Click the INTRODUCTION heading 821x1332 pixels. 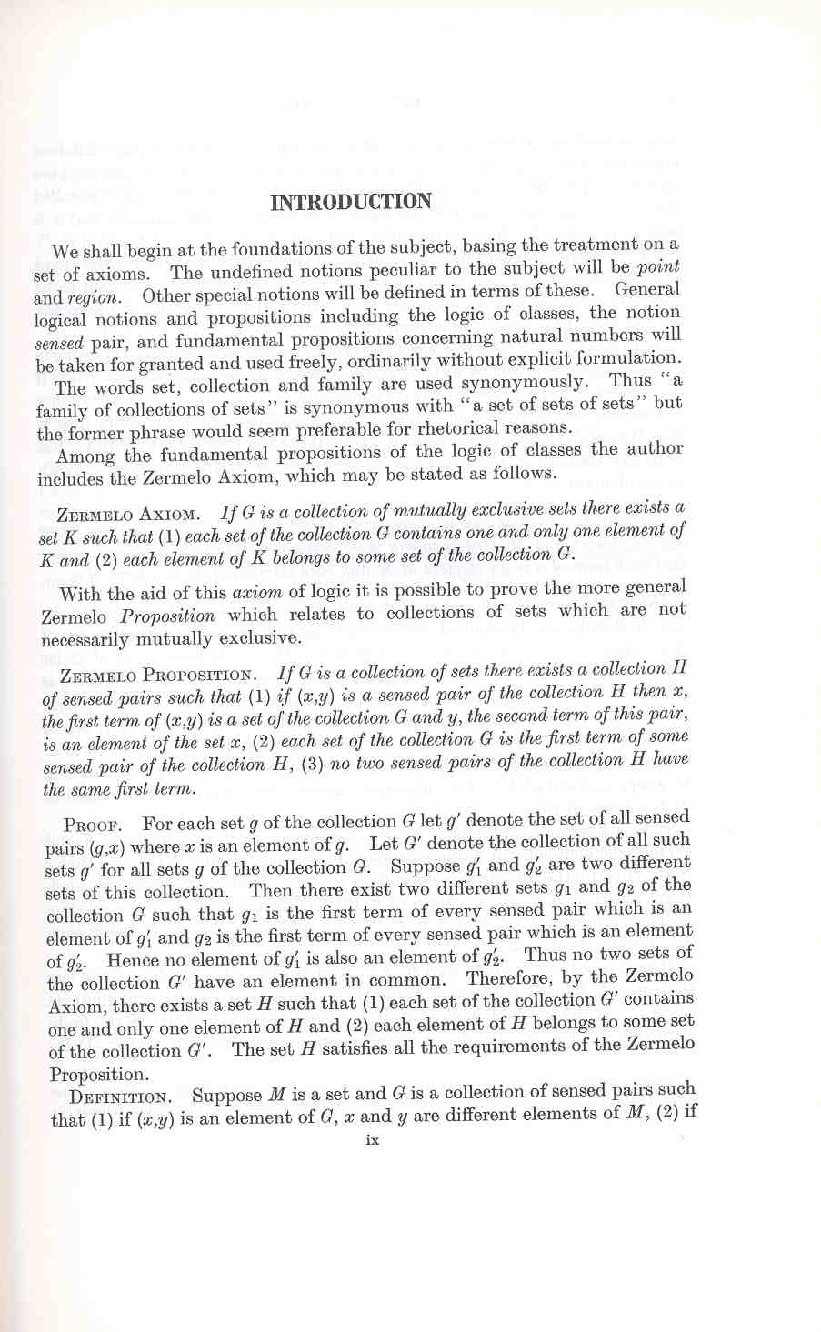point(351,201)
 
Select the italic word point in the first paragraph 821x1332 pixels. point(658,267)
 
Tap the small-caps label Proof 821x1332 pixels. point(87,826)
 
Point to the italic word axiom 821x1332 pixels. point(258,593)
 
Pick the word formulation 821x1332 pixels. point(626,358)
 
